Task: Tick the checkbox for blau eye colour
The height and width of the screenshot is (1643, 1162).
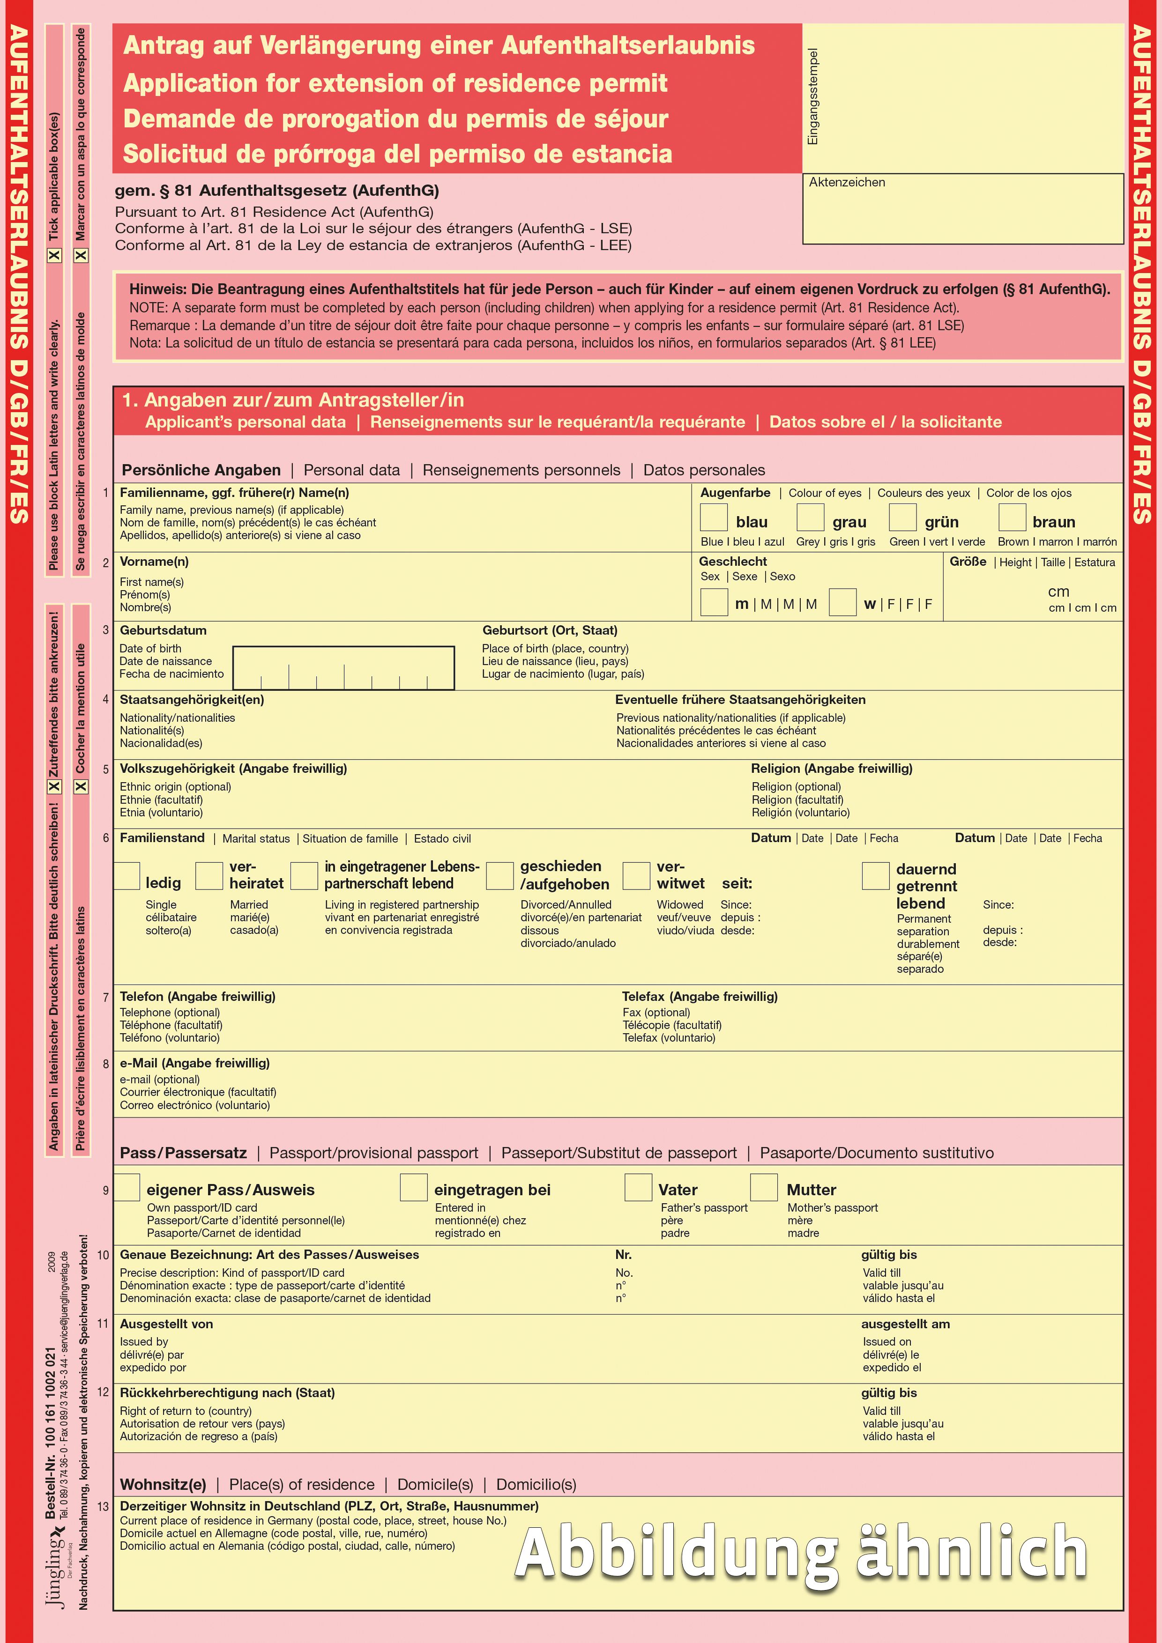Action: tap(713, 518)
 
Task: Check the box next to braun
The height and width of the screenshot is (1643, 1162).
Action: tap(1012, 518)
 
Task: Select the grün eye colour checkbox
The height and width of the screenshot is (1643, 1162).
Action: tap(902, 518)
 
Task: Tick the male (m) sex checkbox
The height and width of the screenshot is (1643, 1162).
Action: tap(713, 602)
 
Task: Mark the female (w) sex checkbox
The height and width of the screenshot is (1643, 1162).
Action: tap(842, 602)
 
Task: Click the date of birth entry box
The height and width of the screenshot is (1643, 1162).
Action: tap(343, 668)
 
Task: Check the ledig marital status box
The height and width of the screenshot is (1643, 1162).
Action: tap(127, 876)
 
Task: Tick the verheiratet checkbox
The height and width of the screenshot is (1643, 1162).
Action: tap(209, 876)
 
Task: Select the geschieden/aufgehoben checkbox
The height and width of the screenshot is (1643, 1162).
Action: tap(500, 876)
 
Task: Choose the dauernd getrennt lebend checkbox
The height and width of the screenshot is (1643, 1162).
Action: tap(875, 876)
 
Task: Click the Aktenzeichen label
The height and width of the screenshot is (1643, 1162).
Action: tap(847, 183)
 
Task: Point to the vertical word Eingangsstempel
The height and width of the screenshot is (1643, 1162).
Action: tap(812, 96)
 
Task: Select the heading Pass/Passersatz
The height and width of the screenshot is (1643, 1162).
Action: tap(183, 1153)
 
